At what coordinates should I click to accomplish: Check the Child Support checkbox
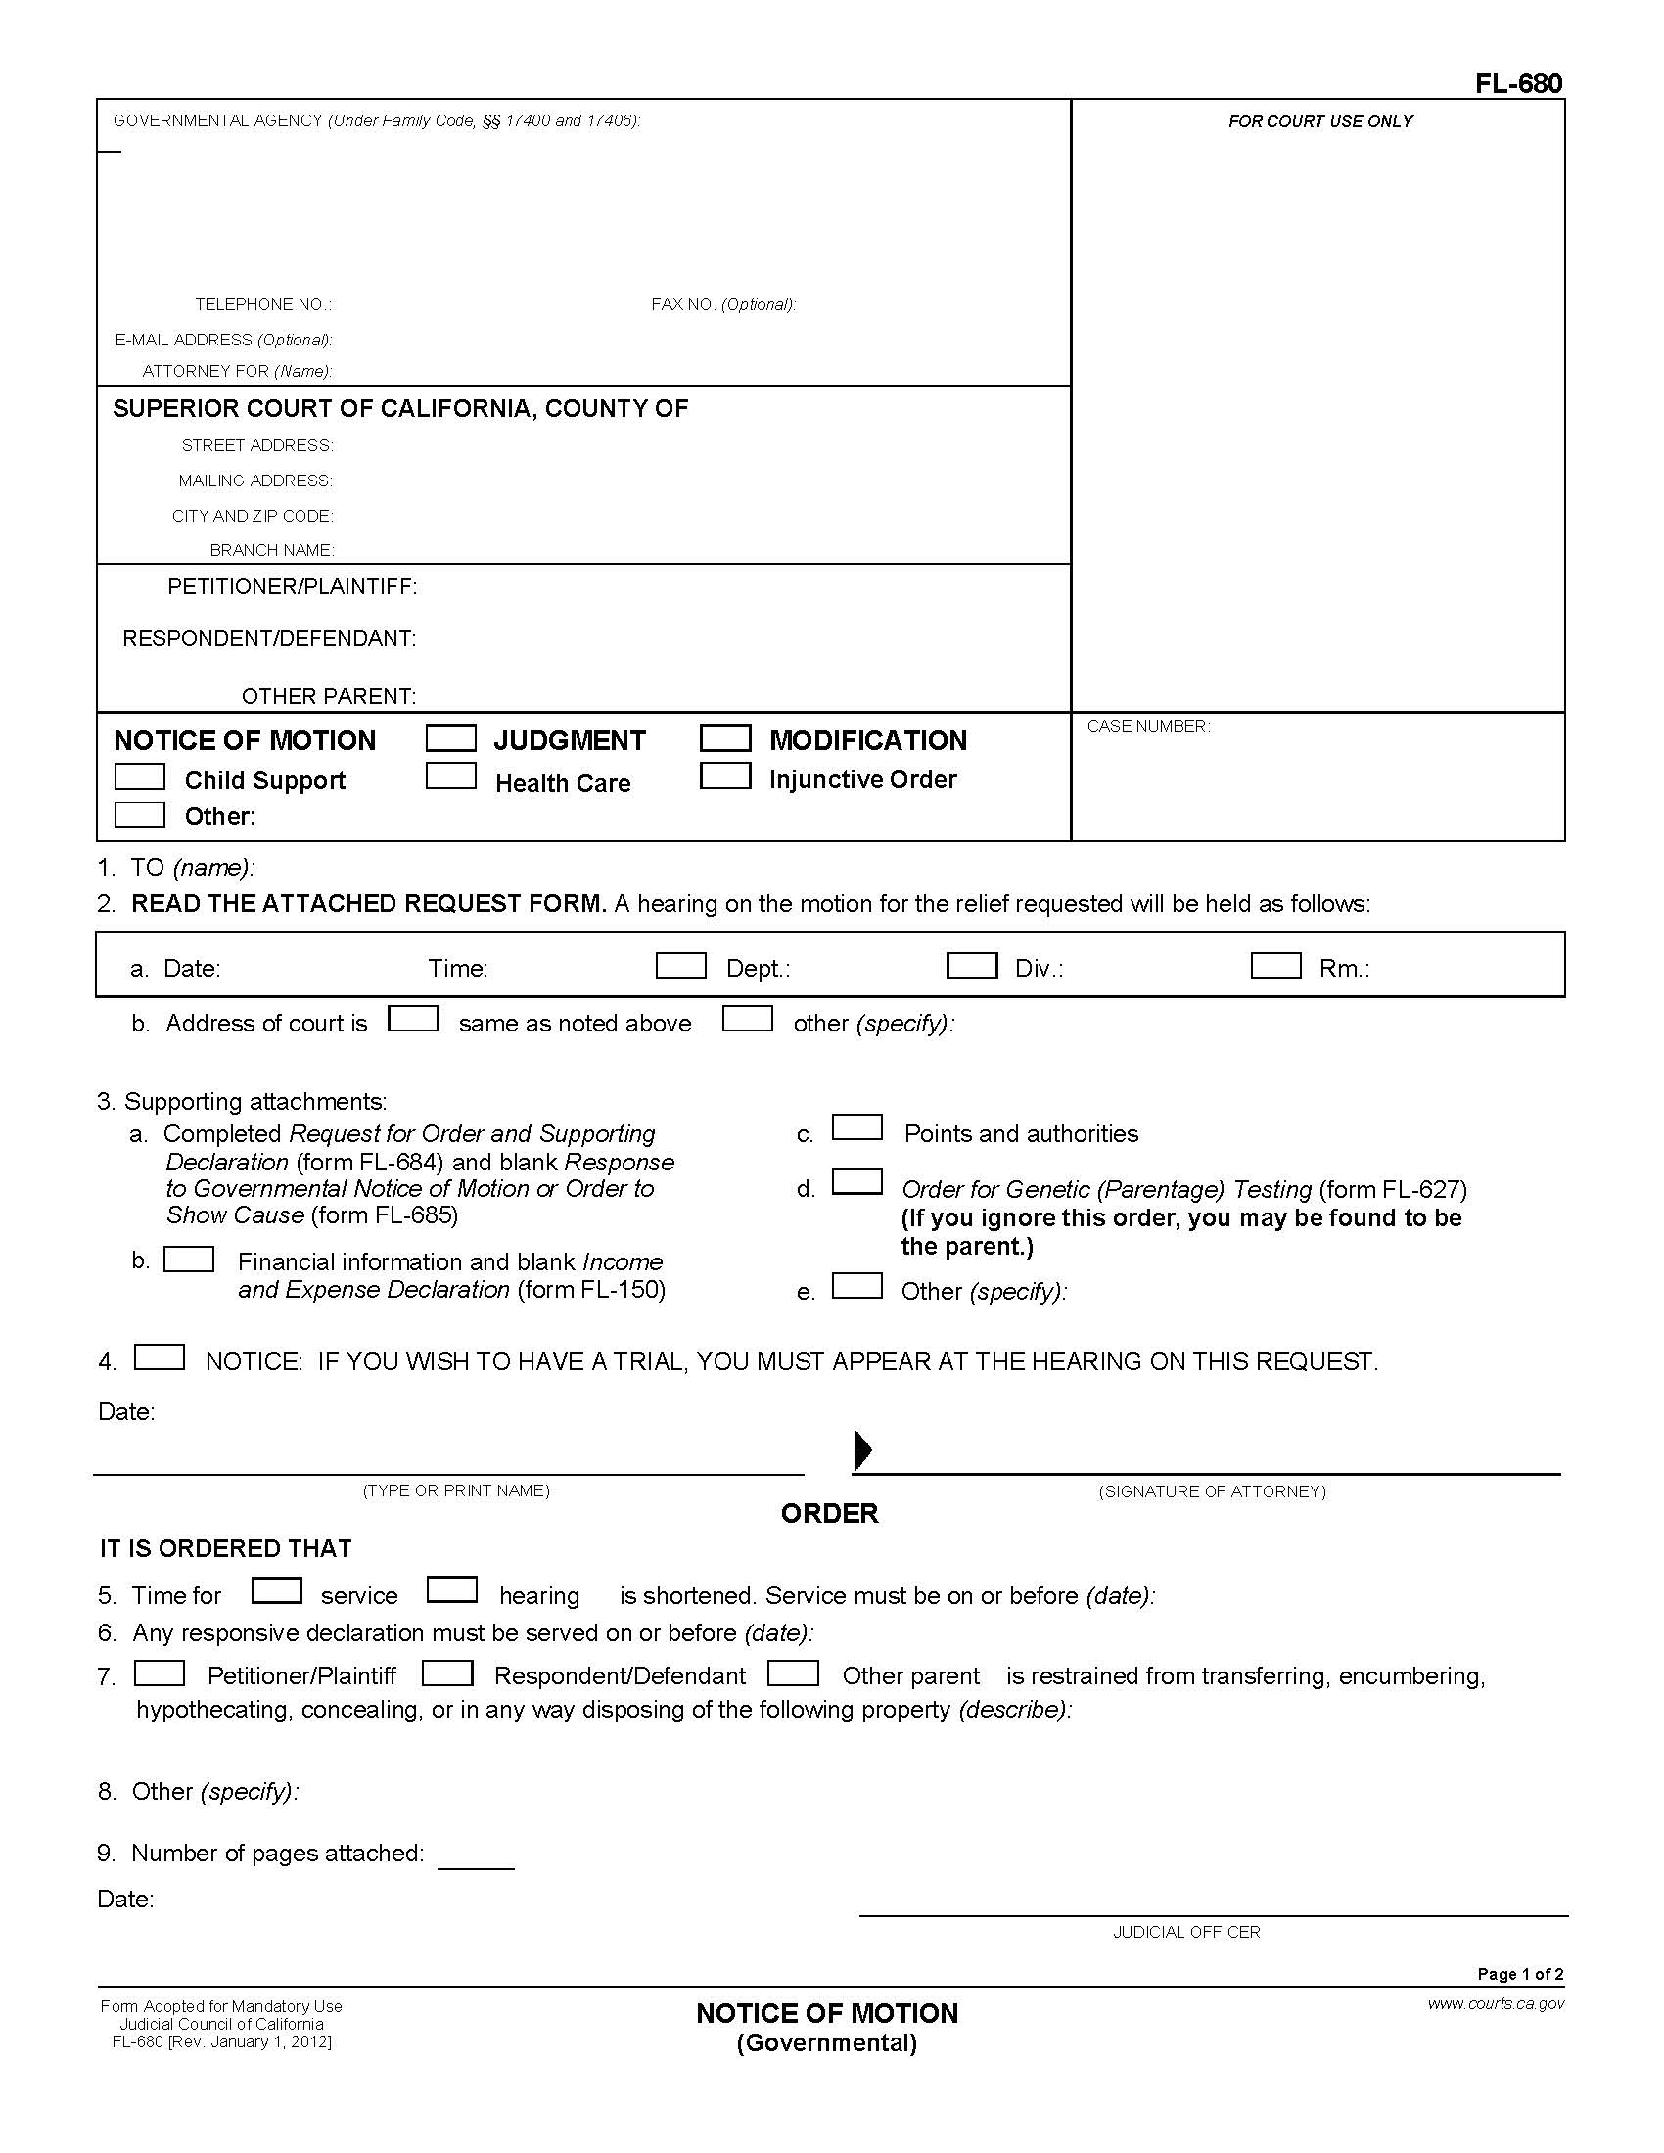tap(139, 777)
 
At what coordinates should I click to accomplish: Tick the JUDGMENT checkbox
tap(450, 738)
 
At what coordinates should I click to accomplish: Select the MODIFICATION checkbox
tap(724, 738)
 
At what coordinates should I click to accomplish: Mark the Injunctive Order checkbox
tap(724, 777)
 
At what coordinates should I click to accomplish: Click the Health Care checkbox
tap(450, 777)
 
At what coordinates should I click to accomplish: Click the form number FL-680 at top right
tap(1518, 84)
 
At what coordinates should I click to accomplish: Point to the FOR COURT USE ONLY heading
tap(1320, 121)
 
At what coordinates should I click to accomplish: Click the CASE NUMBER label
tap(1148, 726)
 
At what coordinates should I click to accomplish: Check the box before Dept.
tap(680, 965)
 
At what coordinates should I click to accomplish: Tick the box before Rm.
tap(1275, 965)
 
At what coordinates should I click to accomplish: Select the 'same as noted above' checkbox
tap(413, 1019)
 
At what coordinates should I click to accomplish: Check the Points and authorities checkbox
tap(856, 1127)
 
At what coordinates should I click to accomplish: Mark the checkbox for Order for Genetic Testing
tap(856, 1182)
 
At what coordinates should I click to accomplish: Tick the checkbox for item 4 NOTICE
tap(159, 1357)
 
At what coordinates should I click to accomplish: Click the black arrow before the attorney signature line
tap(862, 1449)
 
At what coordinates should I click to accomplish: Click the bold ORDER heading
tap(829, 1513)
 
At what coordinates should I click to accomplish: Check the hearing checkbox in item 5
tap(451, 1590)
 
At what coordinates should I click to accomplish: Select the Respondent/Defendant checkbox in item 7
tap(447, 1672)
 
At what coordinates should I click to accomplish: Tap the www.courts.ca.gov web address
tap(1496, 2003)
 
